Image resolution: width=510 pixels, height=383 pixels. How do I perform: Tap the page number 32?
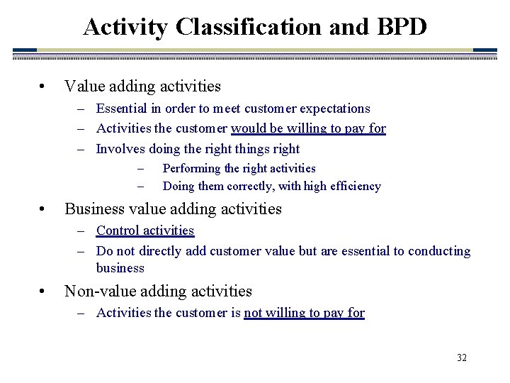point(462,357)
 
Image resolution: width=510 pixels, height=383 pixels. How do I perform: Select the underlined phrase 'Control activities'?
point(145,231)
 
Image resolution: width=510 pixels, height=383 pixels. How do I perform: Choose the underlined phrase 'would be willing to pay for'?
point(308,128)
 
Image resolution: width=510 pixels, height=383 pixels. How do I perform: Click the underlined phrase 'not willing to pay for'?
point(304,313)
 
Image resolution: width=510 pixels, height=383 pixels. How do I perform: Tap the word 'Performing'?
point(191,168)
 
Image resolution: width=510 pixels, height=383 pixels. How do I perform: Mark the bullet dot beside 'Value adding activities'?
point(44,87)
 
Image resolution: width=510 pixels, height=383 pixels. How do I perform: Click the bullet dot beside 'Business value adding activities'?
point(44,210)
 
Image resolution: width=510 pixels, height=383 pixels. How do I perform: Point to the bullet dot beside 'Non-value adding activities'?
point(44,292)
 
